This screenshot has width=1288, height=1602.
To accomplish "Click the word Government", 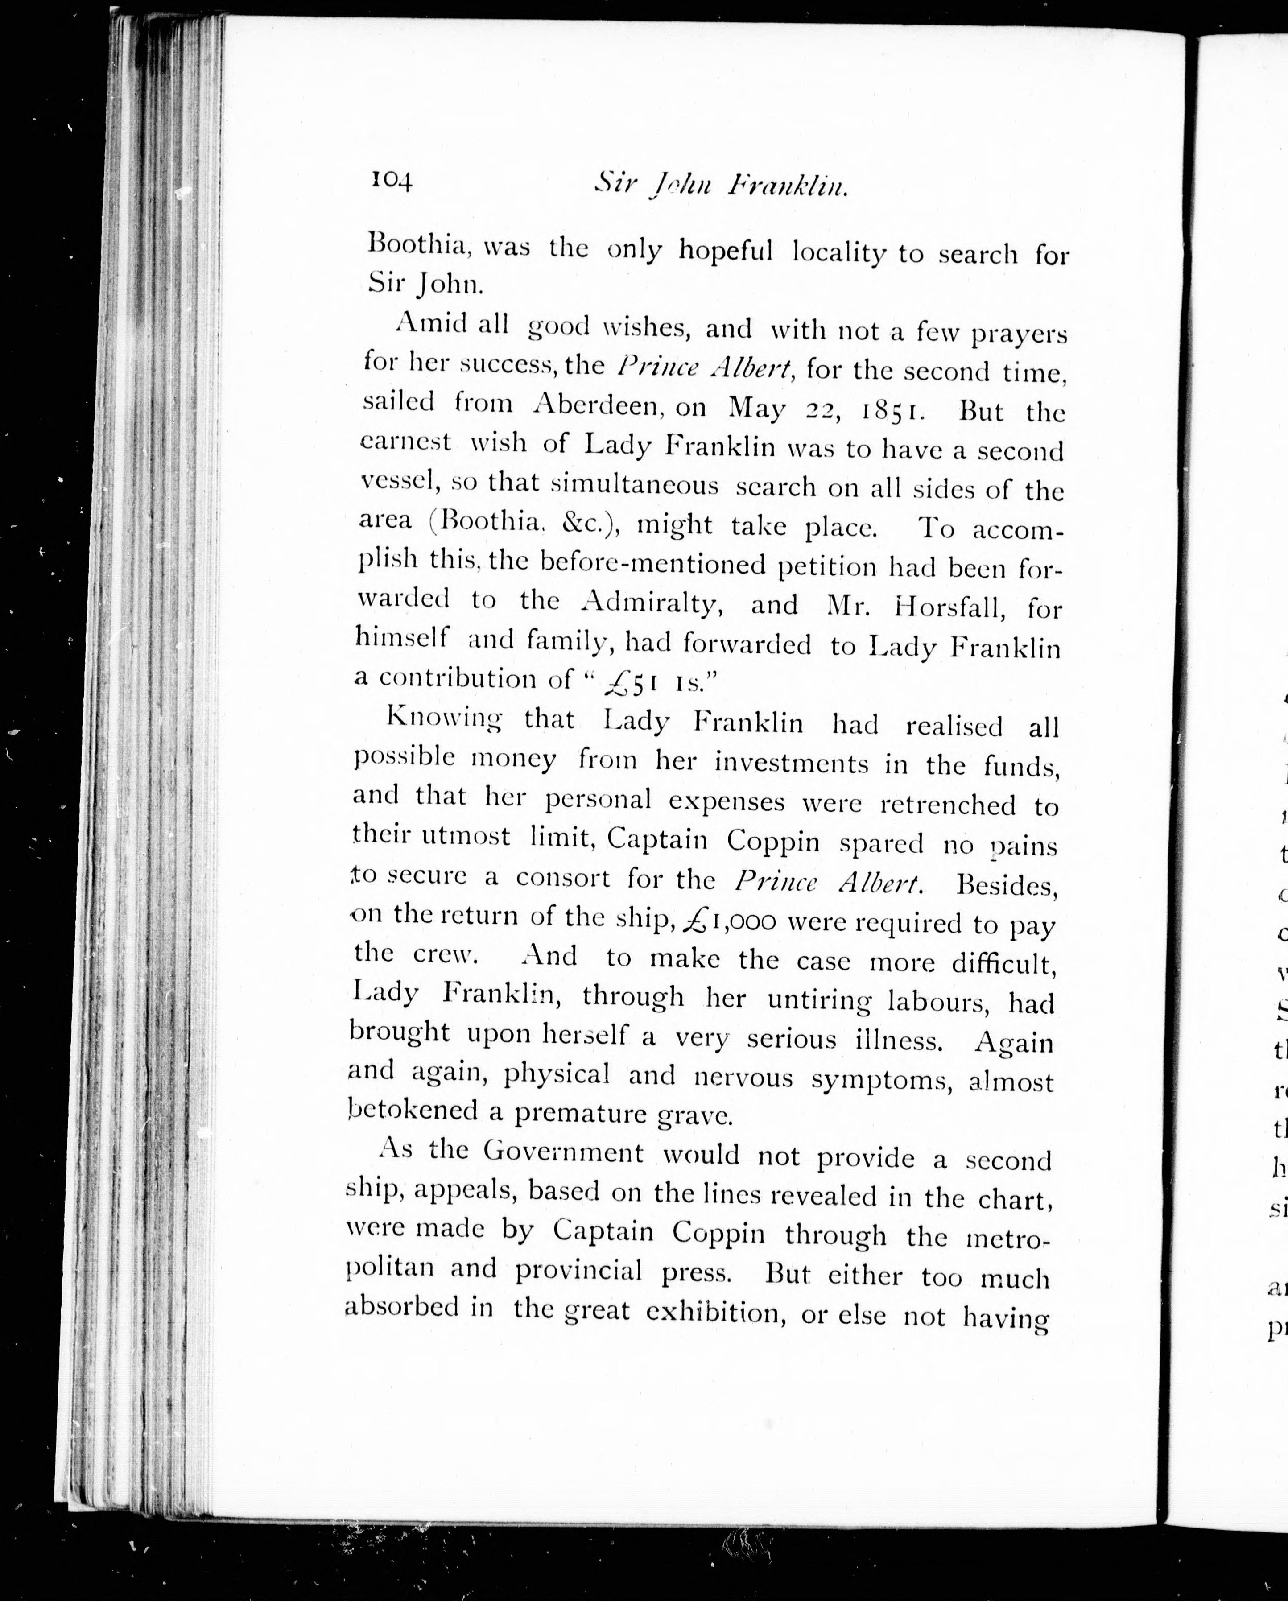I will [563, 1152].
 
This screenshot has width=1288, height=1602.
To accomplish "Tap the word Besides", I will [1007, 887].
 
